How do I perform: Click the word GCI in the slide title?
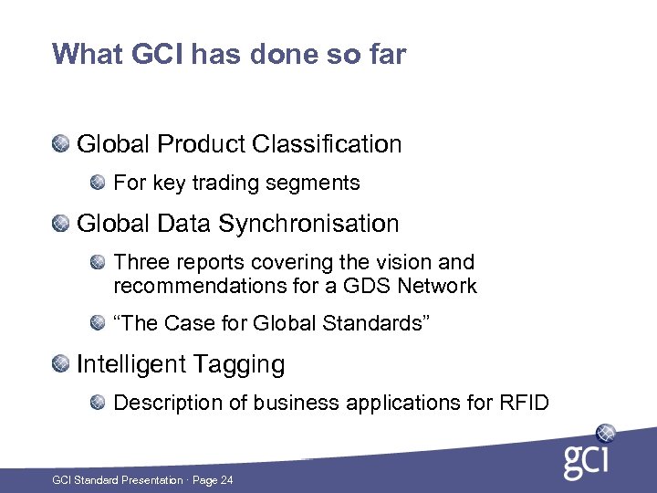click(156, 55)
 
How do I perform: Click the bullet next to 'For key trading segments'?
click(99, 183)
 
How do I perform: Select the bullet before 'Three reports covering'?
click(99, 263)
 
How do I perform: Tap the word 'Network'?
click(443, 287)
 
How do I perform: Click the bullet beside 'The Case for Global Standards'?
click(99, 324)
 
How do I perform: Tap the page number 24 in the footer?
click(225, 480)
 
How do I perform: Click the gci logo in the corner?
click(589, 451)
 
